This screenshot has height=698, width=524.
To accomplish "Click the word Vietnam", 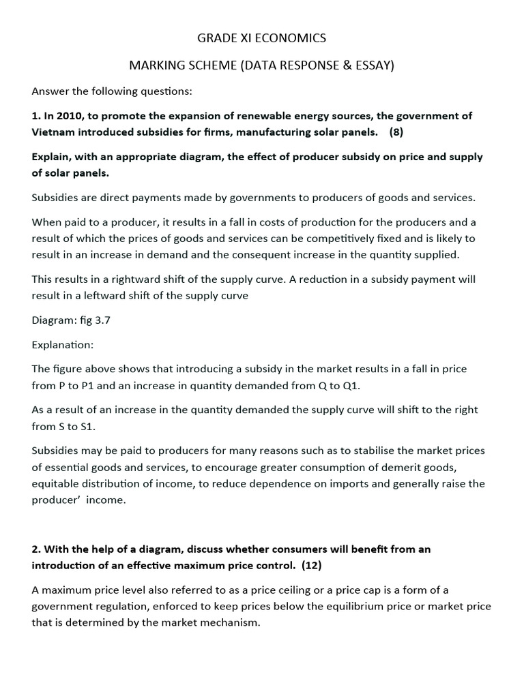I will tap(53, 132).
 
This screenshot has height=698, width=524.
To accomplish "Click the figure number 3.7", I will tap(100, 320).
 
